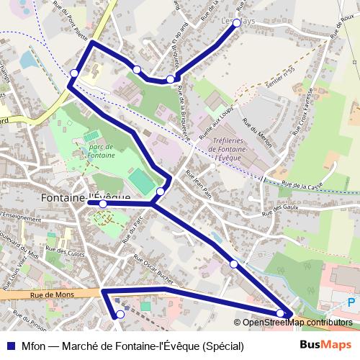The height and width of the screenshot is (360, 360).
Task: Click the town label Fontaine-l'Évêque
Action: (86, 197)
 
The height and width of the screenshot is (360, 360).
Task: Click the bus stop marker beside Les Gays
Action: (236, 22)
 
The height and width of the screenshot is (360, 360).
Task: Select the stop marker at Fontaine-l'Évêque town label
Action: (103, 204)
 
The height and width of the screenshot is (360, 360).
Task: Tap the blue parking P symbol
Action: (351, 303)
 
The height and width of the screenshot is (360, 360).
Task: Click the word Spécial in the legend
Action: (223, 346)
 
